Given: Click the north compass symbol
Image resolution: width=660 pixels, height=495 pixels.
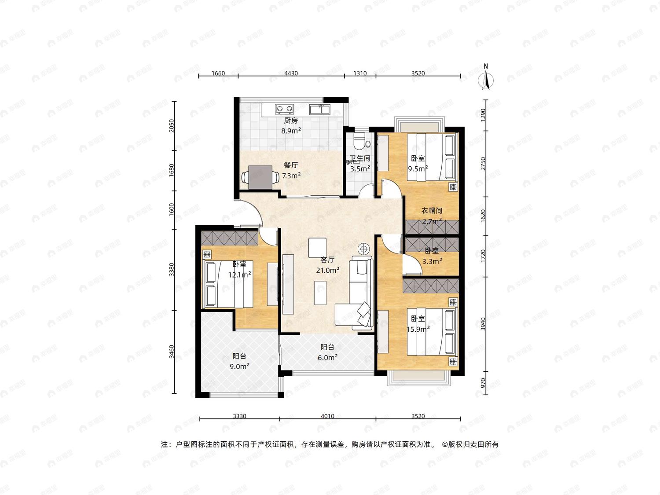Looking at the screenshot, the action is point(486,77).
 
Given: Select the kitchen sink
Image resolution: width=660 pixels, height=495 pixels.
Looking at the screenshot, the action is point(319,109).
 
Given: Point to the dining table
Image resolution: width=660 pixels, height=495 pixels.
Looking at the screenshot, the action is point(260,177).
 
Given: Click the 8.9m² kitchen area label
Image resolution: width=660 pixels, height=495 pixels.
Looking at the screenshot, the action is point(291,131).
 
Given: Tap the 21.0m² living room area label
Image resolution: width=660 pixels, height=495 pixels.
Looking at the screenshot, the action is point(328,270).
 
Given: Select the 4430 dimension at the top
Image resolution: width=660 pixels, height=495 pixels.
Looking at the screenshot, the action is point(291,73).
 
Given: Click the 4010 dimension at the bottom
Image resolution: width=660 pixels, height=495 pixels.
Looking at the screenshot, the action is point(327,416).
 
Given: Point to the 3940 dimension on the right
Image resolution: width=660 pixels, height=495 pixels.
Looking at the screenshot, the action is point(483,324).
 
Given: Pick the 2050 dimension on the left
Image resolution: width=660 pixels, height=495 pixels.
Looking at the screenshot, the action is point(172,126).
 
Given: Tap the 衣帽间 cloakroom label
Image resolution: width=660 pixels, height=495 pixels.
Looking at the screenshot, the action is point(432,211).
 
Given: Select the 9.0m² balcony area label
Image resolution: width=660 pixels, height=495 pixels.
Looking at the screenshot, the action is point(240,367).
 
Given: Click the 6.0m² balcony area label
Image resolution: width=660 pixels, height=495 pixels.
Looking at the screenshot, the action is point(327,357).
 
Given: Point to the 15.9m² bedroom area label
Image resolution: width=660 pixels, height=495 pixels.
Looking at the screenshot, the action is point(418,329).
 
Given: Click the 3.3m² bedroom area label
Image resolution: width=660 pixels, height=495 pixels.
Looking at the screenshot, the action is point(432,261).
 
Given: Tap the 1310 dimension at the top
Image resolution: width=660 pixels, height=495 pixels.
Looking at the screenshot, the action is point(360,73).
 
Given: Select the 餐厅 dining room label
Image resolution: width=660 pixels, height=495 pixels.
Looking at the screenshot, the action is point(291,165).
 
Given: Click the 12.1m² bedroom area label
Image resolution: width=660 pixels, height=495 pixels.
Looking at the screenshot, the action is point(240,275).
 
